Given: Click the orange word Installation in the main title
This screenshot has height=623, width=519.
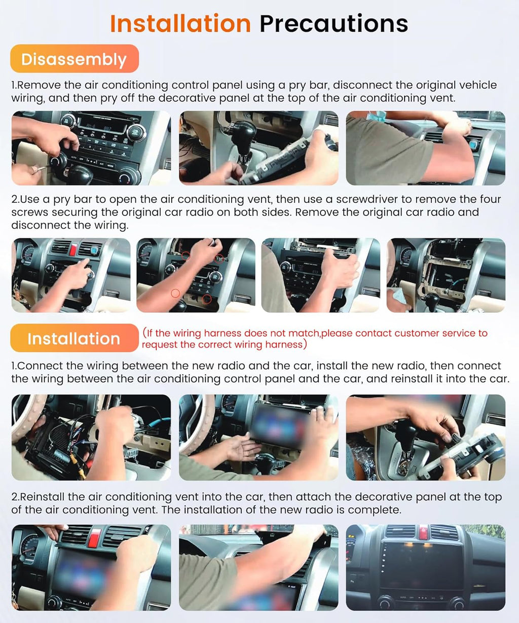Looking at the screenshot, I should (x=180, y=24).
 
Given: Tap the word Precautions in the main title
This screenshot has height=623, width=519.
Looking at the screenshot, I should (x=333, y=24).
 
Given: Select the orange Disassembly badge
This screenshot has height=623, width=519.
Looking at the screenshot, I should (x=74, y=59).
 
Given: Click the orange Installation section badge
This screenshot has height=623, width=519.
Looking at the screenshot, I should (x=74, y=338).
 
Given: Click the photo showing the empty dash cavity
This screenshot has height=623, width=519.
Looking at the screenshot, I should (x=446, y=275).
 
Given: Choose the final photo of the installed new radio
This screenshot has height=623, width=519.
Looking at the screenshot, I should (x=425, y=567).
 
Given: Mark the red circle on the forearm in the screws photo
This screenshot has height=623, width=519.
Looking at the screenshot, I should (x=175, y=293).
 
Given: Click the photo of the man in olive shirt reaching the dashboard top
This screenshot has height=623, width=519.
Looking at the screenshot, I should (x=425, y=148).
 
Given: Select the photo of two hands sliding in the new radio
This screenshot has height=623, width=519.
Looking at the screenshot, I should (x=258, y=437).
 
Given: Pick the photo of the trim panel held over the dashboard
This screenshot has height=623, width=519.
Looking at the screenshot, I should (x=258, y=567).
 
